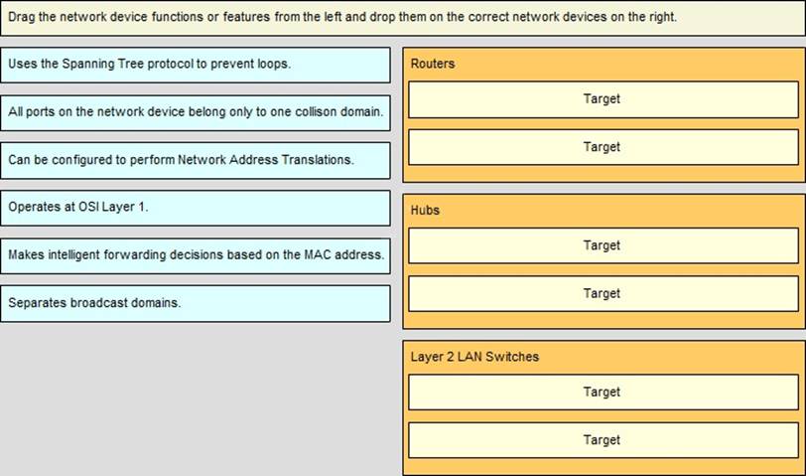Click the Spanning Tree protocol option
[x=196, y=65]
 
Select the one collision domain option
[x=196, y=112]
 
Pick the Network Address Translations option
[x=196, y=161]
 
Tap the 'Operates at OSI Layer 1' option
[x=196, y=208]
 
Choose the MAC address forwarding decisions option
[x=196, y=255]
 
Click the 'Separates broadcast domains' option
[x=196, y=304]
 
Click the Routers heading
[x=433, y=64]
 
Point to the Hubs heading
[x=425, y=210]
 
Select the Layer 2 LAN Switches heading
[x=474, y=357]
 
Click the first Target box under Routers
[x=604, y=99]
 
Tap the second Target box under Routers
[x=604, y=147]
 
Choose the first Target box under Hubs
[x=604, y=246]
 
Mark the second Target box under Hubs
[x=604, y=294]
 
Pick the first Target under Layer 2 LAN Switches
[x=604, y=393]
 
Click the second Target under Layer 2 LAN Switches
[x=604, y=440]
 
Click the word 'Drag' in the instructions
[x=22, y=17]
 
